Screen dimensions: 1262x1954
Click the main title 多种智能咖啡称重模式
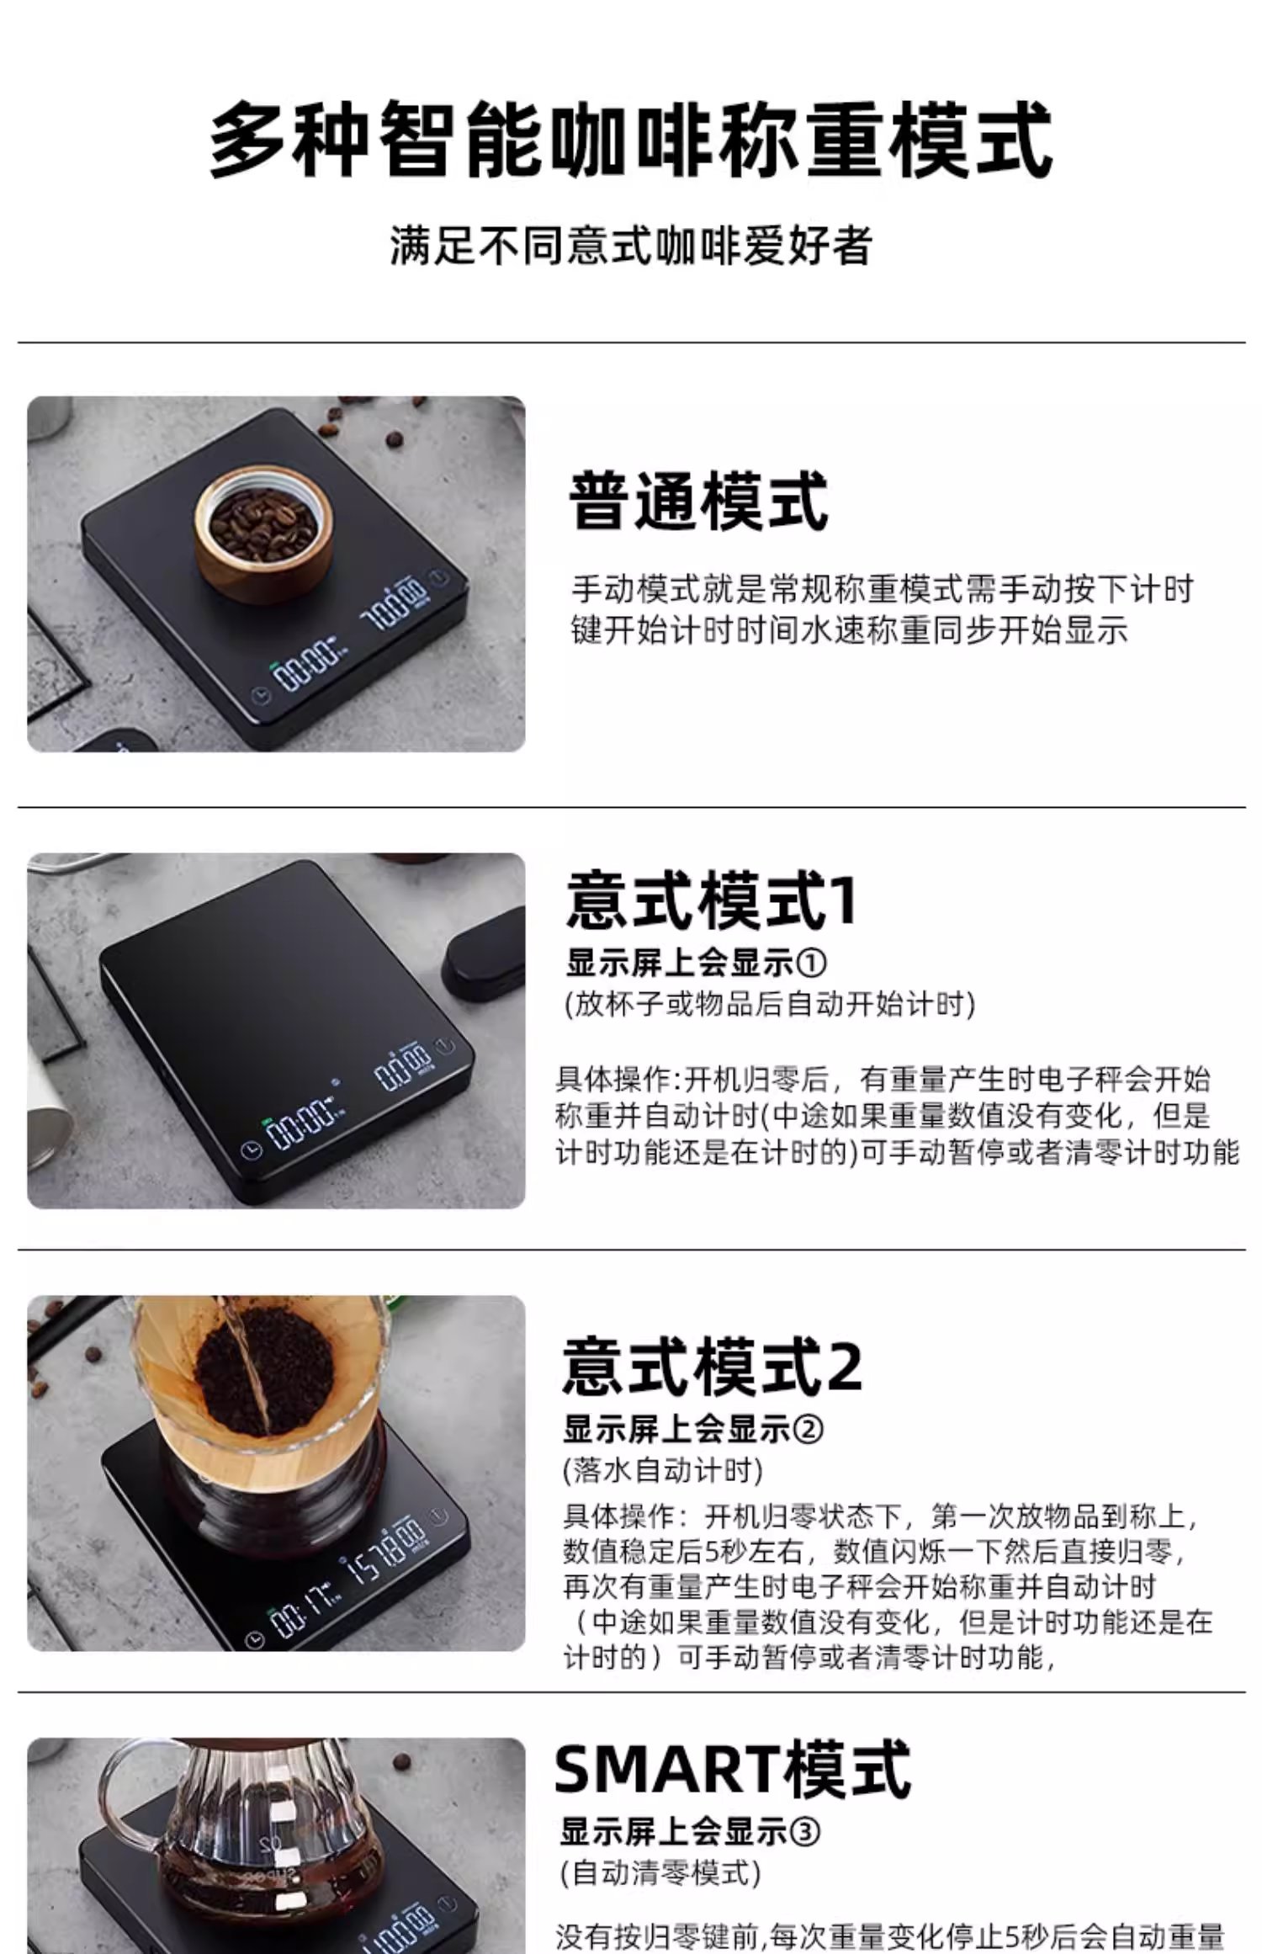click(x=631, y=140)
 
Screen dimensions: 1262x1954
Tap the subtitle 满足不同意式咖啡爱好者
click(x=631, y=246)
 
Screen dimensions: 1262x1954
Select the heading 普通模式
click(x=699, y=502)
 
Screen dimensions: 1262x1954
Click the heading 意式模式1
click(x=712, y=900)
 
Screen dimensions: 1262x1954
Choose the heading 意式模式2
click(x=713, y=1366)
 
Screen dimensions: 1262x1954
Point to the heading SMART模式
click(x=733, y=1770)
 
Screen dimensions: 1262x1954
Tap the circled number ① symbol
click(x=811, y=963)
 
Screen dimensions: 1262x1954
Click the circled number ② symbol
click(x=808, y=1429)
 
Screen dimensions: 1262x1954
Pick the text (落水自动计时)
click(x=663, y=1470)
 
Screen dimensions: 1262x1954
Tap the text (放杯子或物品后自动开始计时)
click(x=770, y=1004)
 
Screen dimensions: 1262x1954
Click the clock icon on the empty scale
click(x=250, y=1150)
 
